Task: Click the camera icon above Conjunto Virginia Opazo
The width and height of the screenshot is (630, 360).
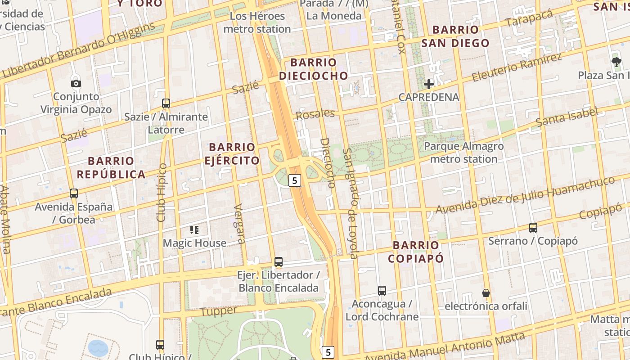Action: [x=76, y=83]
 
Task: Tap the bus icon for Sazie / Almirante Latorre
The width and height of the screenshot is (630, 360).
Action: [x=166, y=103]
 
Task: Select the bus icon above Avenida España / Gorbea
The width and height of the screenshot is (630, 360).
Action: [x=74, y=193]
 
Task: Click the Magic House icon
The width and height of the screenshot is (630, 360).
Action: [x=194, y=230]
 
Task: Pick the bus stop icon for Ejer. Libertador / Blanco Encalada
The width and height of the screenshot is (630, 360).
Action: [x=279, y=262]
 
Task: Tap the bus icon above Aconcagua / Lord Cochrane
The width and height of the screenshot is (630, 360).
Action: [x=382, y=291]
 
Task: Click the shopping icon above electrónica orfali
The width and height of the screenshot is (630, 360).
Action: [x=486, y=293]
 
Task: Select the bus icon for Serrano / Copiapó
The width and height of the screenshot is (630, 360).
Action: [x=533, y=228]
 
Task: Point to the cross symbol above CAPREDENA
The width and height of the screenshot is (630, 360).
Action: [x=429, y=84]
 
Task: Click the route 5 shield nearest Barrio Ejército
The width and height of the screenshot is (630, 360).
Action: [x=294, y=180]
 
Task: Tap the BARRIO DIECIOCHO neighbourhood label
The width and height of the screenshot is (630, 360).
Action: [x=314, y=69]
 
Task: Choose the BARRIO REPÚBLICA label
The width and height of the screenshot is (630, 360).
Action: [x=111, y=167]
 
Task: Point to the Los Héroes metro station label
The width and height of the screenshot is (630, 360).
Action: [x=257, y=22]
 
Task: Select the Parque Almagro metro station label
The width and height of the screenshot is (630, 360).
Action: [x=464, y=153]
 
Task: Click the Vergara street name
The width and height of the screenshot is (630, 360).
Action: [x=239, y=224]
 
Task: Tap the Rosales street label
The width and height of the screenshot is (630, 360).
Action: [x=315, y=114]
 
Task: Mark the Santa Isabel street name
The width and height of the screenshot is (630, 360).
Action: [x=567, y=117]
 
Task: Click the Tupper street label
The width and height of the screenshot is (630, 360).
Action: [x=218, y=311]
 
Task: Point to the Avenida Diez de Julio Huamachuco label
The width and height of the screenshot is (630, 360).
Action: [x=525, y=195]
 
